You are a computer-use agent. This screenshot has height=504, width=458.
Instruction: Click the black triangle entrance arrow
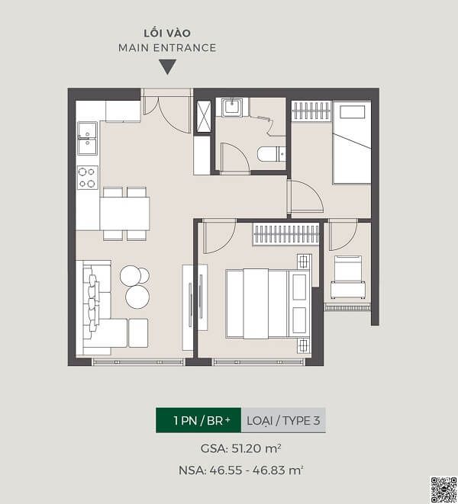168,66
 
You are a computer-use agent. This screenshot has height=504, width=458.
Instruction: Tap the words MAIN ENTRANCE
167,48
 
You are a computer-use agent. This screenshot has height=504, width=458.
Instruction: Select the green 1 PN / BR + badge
198,420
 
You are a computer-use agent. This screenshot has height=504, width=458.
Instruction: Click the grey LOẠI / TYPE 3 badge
283,420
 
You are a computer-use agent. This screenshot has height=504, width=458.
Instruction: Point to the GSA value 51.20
247,448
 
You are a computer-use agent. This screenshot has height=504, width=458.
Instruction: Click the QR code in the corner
443,490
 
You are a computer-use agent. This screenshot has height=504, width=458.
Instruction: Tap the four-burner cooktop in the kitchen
88,178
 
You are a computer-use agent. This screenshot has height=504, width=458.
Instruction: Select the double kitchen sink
87,139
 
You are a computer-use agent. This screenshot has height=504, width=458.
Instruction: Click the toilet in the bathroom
271,154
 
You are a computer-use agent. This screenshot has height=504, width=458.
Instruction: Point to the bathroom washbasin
232,107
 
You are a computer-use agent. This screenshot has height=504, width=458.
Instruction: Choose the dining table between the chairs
124,213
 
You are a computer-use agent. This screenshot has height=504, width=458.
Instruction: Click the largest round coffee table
137,297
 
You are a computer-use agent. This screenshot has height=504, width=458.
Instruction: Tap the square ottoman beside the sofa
138,333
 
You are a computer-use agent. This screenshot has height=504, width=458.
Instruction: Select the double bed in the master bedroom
268,303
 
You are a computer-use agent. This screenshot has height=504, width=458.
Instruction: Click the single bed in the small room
352,143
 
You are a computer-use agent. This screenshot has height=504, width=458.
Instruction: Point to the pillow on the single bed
353,112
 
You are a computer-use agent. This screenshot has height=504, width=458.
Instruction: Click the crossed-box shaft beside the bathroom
203,117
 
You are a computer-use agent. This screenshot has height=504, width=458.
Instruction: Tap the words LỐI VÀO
167,33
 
